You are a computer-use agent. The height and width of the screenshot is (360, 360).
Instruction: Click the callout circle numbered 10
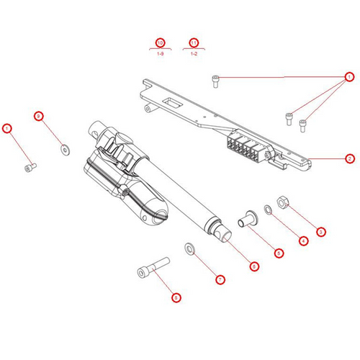(x=160, y=42)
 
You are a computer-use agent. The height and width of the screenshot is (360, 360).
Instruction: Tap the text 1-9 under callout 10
(x=160, y=54)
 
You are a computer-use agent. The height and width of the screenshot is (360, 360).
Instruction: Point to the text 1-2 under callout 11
(x=194, y=54)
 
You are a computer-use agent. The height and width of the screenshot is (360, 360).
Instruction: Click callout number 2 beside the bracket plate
(x=349, y=158)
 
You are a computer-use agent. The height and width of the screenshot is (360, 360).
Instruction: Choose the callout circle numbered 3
(x=321, y=232)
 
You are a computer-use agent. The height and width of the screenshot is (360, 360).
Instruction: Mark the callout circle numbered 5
(x=279, y=253)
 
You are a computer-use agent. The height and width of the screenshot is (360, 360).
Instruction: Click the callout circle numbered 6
(x=253, y=266)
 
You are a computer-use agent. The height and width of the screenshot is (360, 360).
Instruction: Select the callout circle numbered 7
(x=221, y=279)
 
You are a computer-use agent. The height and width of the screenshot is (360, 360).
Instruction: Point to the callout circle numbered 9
(x=40, y=116)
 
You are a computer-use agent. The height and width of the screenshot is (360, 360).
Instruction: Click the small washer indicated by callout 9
(x=65, y=149)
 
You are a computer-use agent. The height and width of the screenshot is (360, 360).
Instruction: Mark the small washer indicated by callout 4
(x=268, y=210)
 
